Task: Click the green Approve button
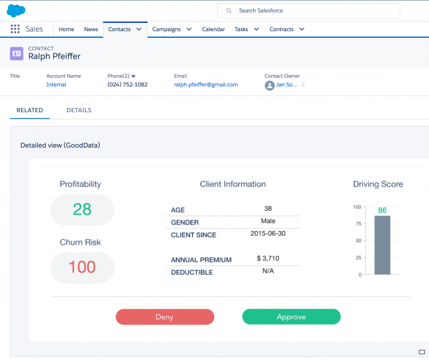point(291,317)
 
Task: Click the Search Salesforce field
point(308,11)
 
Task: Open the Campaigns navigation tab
point(167,29)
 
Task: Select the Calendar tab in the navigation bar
point(214,29)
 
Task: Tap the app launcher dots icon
point(15,29)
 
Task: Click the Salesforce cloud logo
point(16,10)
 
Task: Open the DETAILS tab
point(79,110)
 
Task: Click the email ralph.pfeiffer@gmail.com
point(206,85)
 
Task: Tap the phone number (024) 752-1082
point(127,85)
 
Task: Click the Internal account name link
point(56,85)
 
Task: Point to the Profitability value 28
point(82,209)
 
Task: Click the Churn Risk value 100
point(82,267)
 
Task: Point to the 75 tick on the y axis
point(357,224)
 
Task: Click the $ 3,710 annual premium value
point(268,259)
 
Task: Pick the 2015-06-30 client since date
point(268,233)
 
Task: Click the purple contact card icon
point(17,53)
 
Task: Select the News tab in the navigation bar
point(91,29)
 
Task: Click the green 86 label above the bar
point(382,211)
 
